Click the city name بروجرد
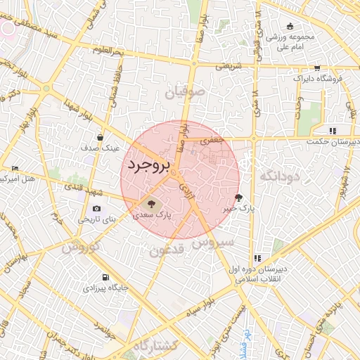tap(150, 165)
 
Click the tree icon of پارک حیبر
tap(239, 198)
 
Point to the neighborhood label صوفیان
tap(185, 91)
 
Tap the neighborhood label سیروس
tap(207, 243)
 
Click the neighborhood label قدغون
tap(167, 250)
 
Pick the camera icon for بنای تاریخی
tap(96, 208)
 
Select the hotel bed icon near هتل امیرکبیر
tap(15, 168)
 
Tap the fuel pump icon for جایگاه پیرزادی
tap(105, 277)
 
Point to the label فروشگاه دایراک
tap(318, 79)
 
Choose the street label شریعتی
tap(227, 65)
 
